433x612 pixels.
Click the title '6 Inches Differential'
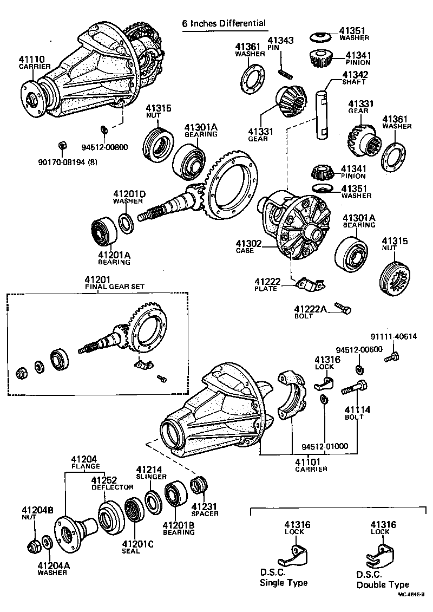[224, 23]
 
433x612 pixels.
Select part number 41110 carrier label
[35, 63]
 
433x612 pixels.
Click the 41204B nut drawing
[32, 545]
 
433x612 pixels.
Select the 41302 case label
[248, 247]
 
